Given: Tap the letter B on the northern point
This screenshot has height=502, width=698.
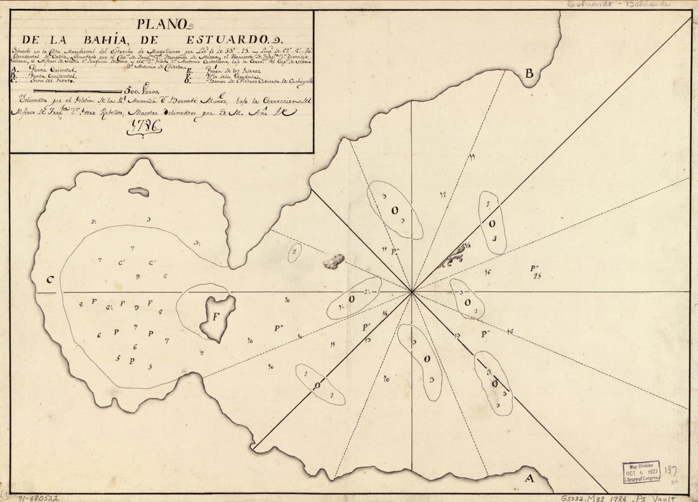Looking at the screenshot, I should [529, 74].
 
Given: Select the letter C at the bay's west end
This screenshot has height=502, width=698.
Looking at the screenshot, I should [49, 280].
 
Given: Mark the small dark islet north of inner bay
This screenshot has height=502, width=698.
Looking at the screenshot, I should [138, 192].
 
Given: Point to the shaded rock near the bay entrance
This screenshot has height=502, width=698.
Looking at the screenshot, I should [334, 261].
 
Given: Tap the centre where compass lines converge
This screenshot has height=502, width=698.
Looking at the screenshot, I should [412, 292].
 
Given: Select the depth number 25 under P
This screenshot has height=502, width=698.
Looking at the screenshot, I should [537, 275].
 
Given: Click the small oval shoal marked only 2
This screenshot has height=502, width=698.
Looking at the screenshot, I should [294, 253].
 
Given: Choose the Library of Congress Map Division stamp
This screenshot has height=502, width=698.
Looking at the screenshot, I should [641, 473].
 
